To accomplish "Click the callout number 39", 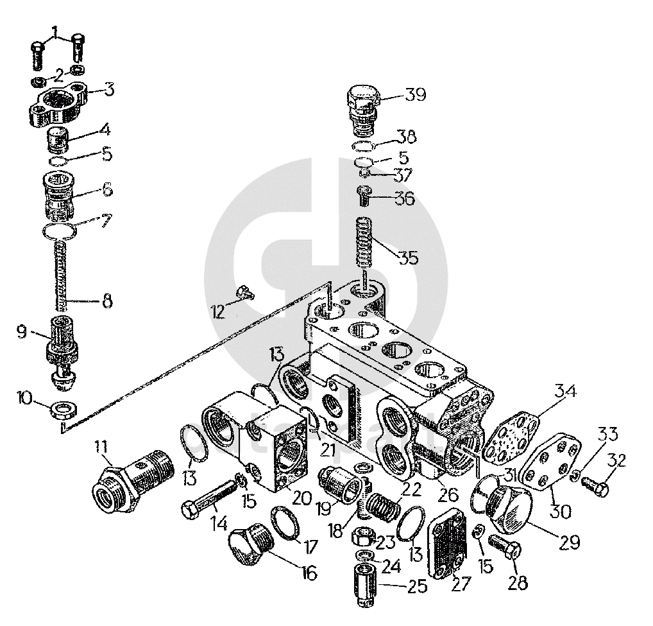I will pyautogui.click(x=416, y=95).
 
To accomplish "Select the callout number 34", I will pyautogui.click(x=566, y=390).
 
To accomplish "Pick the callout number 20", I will pyautogui.click(x=301, y=497).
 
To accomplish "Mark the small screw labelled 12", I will pyautogui.click(x=244, y=293).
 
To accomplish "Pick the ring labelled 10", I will pyautogui.click(x=64, y=408).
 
